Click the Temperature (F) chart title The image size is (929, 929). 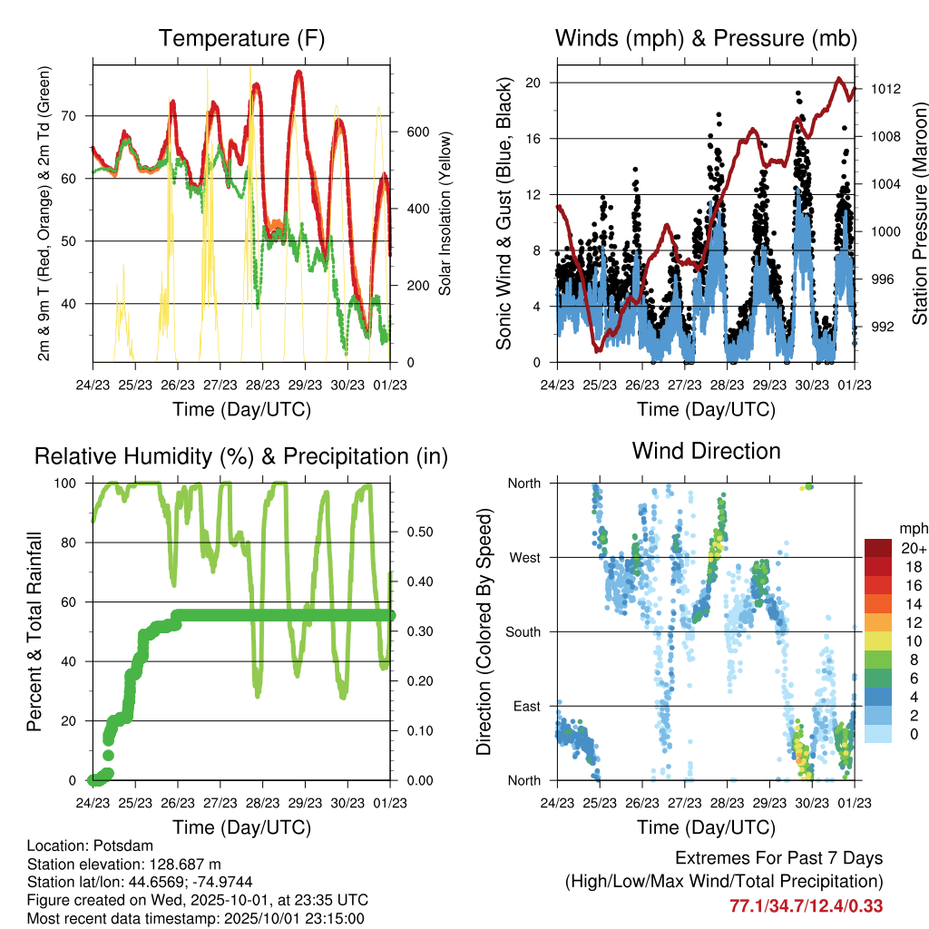coord(241,39)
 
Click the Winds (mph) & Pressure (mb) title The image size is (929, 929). coord(706,39)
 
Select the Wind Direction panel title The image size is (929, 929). coord(706,451)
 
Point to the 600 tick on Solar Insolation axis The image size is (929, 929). coord(416,132)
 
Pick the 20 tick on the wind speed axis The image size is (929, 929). coord(533,83)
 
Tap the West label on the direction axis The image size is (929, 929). coord(524,557)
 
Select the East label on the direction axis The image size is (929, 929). coord(526,706)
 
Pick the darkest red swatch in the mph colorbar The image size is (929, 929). coord(878,547)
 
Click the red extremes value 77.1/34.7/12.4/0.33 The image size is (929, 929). coord(807,905)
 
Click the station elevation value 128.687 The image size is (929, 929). coord(179,864)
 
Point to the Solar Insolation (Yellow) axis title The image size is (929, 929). coord(445,214)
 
